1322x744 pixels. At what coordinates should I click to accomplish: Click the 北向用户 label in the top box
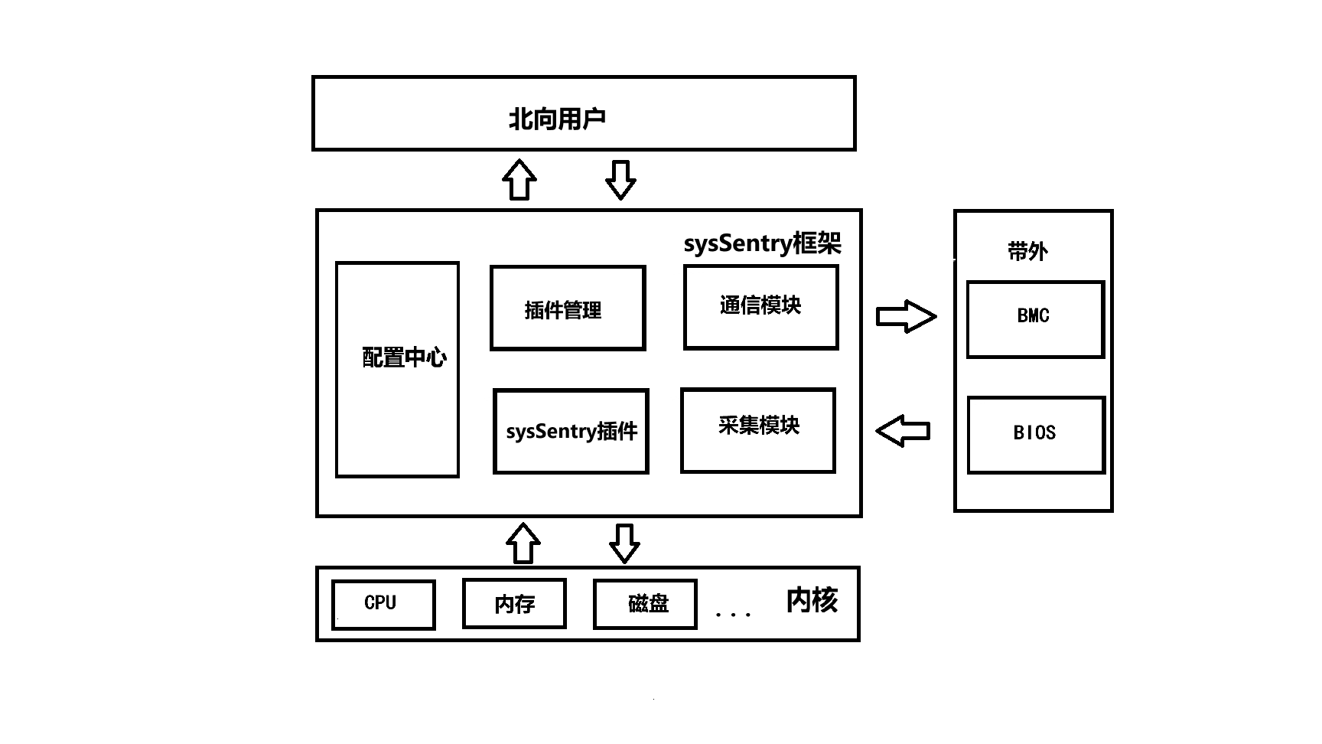click(x=557, y=119)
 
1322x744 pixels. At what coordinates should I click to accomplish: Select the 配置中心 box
click(x=398, y=369)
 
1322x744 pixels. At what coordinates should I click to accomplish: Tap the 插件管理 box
click(x=568, y=308)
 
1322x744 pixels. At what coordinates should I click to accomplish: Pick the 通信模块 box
click(x=760, y=307)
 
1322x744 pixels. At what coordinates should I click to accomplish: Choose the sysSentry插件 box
click(x=571, y=431)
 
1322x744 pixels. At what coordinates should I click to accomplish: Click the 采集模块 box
click(x=757, y=430)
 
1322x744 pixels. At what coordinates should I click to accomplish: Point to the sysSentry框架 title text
click(x=762, y=243)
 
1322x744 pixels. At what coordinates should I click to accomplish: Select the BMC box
click(x=1035, y=319)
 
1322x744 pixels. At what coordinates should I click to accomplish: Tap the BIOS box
click(x=1036, y=434)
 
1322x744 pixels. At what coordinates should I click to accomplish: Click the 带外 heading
click(x=1027, y=251)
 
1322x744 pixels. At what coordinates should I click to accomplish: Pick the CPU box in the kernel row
click(x=383, y=604)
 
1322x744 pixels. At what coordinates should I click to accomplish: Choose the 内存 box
click(x=514, y=604)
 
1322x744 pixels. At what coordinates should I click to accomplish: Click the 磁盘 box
click(x=645, y=604)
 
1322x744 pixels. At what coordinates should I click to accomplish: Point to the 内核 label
click(x=812, y=601)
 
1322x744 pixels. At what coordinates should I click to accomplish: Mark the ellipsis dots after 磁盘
click(x=732, y=614)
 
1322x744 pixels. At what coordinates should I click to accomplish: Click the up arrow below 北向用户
click(x=519, y=180)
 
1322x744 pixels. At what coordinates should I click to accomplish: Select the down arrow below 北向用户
click(x=620, y=180)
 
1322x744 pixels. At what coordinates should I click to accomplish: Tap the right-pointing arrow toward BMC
click(x=906, y=316)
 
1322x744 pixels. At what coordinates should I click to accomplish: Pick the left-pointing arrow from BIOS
click(x=903, y=431)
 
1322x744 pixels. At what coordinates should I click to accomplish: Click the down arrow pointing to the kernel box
click(x=624, y=543)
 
